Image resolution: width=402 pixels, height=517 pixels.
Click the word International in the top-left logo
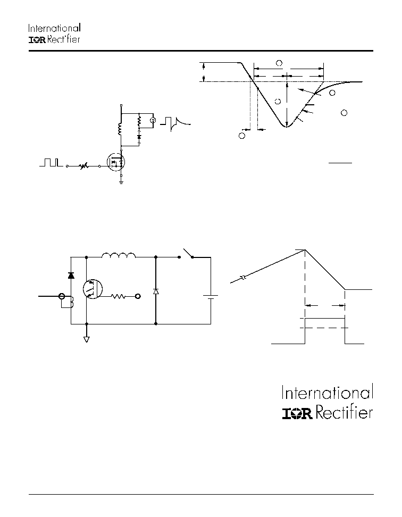(54, 28)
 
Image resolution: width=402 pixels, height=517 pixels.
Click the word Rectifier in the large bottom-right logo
(345, 413)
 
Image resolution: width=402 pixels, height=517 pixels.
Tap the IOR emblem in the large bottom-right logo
(297, 413)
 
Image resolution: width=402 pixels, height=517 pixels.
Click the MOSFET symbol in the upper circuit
(116, 162)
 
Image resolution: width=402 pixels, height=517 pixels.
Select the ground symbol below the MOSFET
(121, 182)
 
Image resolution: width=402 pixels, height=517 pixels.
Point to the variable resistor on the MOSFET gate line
(83, 166)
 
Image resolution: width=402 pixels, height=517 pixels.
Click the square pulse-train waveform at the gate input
(51, 162)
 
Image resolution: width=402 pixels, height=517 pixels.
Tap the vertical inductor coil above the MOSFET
(120, 129)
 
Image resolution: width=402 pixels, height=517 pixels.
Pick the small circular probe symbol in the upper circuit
(153, 121)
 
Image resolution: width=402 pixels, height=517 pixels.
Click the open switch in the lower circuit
(187, 254)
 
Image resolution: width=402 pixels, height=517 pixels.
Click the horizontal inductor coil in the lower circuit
(119, 255)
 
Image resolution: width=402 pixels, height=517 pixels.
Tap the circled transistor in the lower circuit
(93, 289)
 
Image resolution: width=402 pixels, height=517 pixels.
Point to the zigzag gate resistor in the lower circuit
(118, 296)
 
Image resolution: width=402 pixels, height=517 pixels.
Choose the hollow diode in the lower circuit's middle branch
(156, 291)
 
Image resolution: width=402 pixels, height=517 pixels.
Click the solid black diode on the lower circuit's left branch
(71, 276)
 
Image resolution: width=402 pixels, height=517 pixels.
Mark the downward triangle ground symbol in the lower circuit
(87, 339)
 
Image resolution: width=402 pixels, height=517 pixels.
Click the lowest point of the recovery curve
(287, 127)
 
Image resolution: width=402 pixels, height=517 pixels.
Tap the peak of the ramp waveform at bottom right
(305, 250)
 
